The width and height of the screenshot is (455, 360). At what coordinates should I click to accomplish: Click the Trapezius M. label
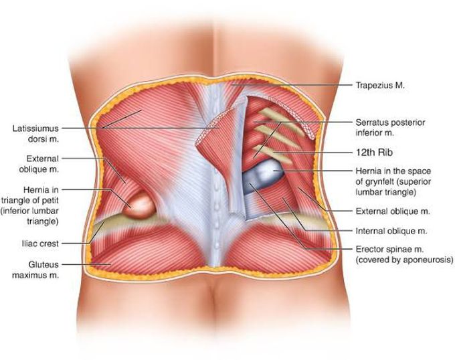pyautogui.click(x=380, y=85)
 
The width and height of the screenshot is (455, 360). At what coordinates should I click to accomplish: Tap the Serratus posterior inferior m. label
pyautogui.click(x=390, y=128)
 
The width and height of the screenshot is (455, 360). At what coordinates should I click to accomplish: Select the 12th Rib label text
pyautogui.click(x=374, y=153)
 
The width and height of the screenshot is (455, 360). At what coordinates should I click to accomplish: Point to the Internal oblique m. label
pyautogui.click(x=391, y=232)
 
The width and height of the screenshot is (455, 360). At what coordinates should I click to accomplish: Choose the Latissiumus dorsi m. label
pyautogui.click(x=35, y=133)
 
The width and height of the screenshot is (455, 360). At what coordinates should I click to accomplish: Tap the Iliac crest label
pyautogui.click(x=40, y=244)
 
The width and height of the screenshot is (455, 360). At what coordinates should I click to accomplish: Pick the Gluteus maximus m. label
pyautogui.click(x=35, y=270)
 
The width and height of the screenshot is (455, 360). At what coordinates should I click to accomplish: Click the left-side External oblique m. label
pyautogui.click(x=39, y=164)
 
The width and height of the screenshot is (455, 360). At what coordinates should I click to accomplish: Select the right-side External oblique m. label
pyautogui.click(x=393, y=211)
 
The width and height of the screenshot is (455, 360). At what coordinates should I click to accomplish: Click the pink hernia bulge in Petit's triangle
pyautogui.click(x=138, y=205)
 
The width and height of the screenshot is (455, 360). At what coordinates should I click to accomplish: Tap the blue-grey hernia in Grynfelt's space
pyautogui.click(x=260, y=176)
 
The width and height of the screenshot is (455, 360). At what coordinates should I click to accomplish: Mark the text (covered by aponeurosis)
pyautogui.click(x=404, y=260)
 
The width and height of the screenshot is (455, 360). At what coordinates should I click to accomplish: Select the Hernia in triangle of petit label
pyautogui.click(x=29, y=205)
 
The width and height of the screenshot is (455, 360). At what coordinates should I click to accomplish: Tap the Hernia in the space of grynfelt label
pyautogui.click(x=393, y=181)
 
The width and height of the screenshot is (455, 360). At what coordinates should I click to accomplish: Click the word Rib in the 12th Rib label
pyautogui.click(x=385, y=153)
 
